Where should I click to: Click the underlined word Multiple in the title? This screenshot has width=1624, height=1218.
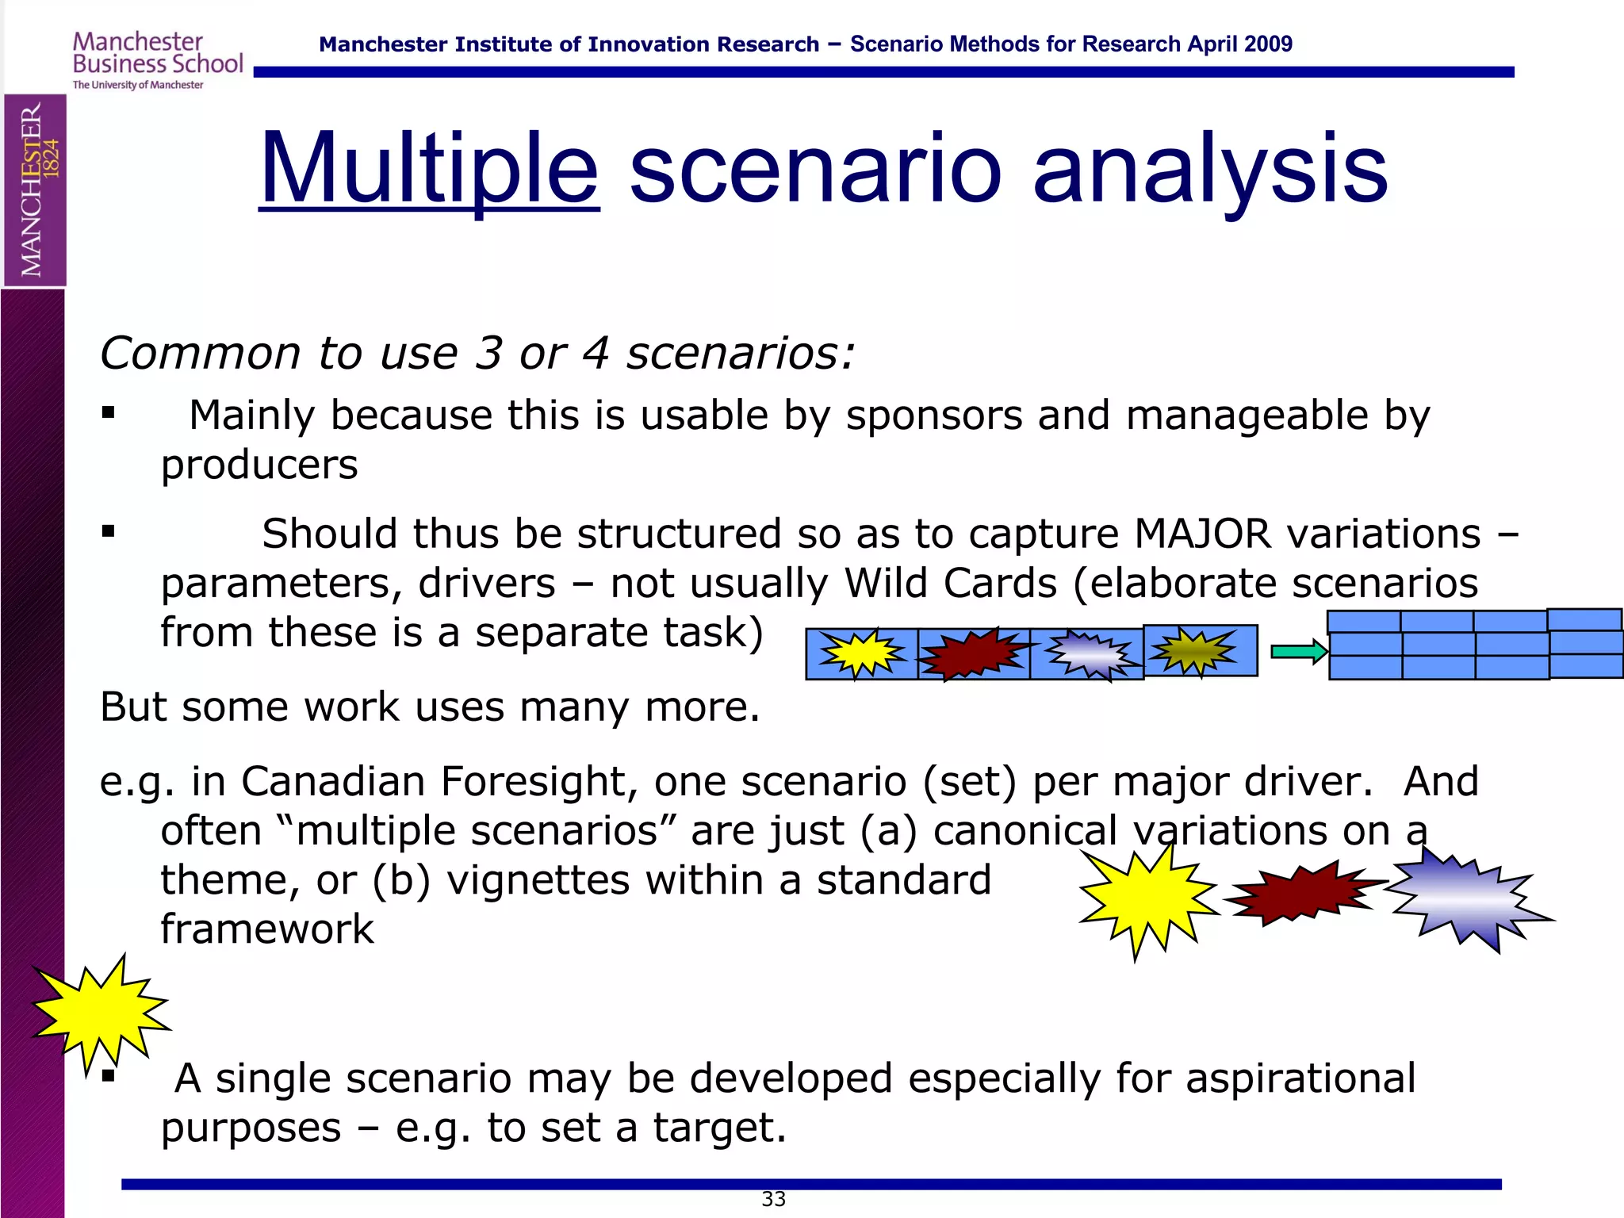(429, 170)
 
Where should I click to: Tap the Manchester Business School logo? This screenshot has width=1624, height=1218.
(157, 60)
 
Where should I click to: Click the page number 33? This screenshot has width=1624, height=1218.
(773, 1199)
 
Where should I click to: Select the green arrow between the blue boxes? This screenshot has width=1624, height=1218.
(1298, 652)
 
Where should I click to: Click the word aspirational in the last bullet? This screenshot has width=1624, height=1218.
(1300, 1078)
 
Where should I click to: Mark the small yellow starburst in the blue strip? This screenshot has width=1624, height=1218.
(861, 653)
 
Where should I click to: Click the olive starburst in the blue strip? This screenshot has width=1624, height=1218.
(1193, 651)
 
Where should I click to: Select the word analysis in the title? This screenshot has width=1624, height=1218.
(1210, 170)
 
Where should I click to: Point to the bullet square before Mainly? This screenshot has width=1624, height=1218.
(109, 413)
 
